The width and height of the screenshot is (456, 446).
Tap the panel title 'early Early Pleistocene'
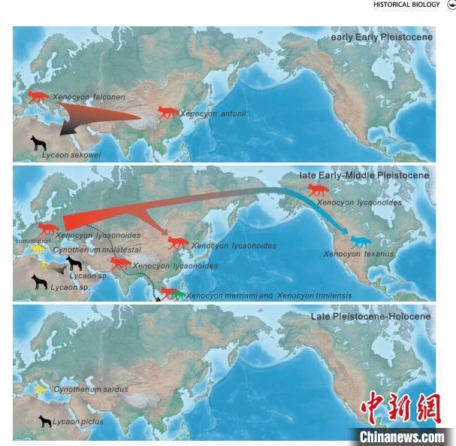[x=381, y=37]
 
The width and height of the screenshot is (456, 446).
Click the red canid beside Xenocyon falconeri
[x=38, y=96]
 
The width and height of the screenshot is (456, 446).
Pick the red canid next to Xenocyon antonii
[x=166, y=112]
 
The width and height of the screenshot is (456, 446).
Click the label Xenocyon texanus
[x=358, y=254]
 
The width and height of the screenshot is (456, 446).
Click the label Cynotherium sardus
[x=90, y=390]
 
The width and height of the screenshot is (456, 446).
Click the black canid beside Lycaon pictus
[x=45, y=421]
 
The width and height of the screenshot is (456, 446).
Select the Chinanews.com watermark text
[x=401, y=437]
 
